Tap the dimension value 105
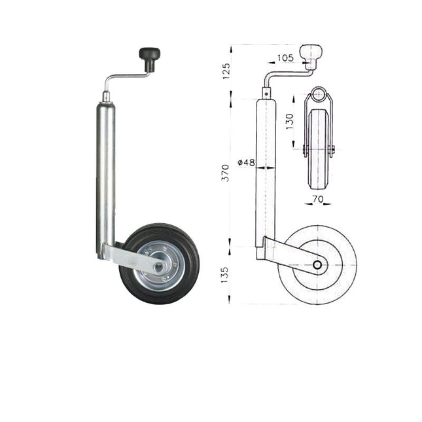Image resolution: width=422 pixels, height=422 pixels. pos(285,58)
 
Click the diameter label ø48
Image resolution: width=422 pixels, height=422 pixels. pos(245,162)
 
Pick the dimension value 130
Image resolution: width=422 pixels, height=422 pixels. pos(289,122)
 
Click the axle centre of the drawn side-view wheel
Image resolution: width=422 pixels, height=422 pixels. pos(317,265)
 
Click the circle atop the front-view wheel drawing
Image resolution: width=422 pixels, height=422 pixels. pos(318,94)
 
